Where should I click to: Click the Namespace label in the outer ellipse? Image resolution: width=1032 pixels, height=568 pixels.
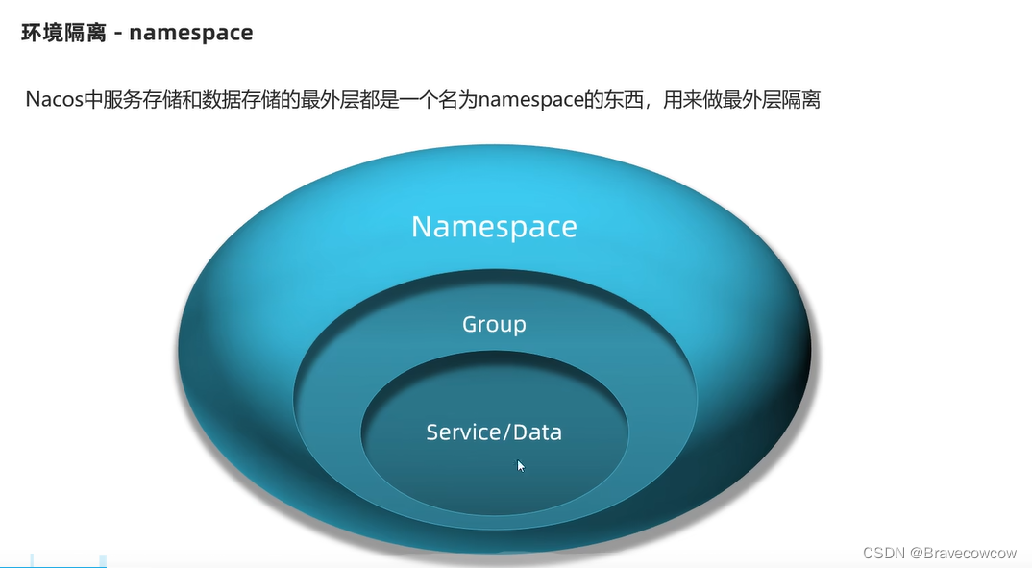[494, 227]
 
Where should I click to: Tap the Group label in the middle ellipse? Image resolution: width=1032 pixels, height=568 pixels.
[494, 324]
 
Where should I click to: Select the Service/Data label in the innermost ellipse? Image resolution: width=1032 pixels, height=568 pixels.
[494, 432]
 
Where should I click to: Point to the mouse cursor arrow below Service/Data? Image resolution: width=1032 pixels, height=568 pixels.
[521, 465]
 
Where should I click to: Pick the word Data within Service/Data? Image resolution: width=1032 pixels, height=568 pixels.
[537, 432]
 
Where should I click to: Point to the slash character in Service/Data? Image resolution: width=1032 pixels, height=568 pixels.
[506, 432]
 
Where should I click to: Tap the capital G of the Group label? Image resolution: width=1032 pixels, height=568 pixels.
[470, 324]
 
